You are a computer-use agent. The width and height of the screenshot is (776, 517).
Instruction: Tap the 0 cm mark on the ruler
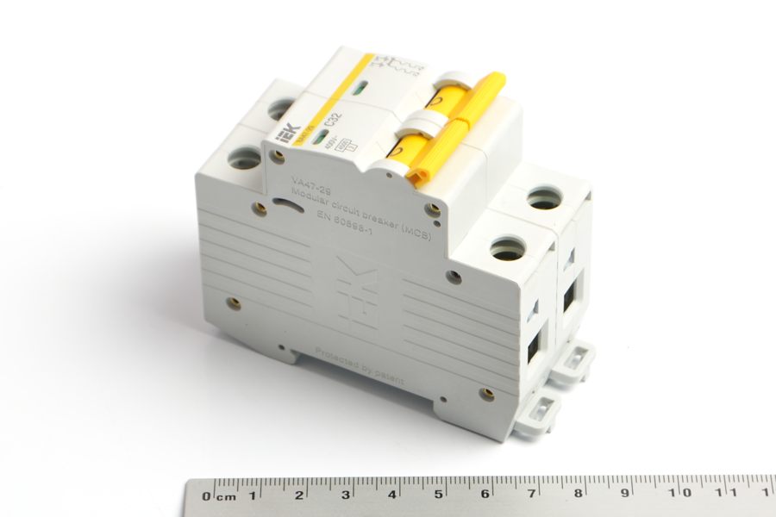click(x=207, y=495)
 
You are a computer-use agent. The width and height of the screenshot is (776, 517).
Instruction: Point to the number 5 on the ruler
click(x=440, y=495)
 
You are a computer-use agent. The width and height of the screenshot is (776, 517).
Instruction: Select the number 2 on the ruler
click(x=299, y=495)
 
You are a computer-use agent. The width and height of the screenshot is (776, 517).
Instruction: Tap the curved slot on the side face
click(x=281, y=205)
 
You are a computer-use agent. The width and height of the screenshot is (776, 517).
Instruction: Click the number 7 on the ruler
click(x=533, y=494)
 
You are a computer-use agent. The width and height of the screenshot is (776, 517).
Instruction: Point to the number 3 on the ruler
click(x=346, y=495)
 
